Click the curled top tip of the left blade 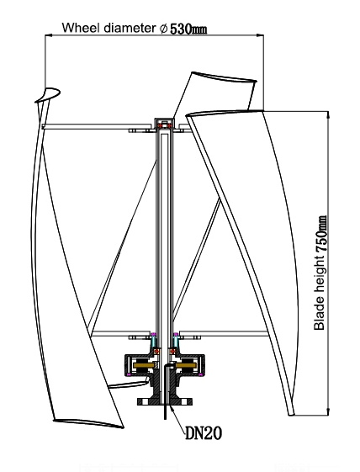pos(49,93)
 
